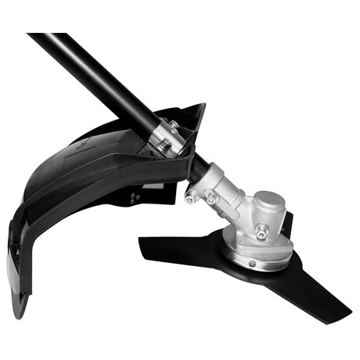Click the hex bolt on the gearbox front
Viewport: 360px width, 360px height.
[x=261, y=231]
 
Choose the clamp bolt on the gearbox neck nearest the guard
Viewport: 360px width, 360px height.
[x=191, y=196]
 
